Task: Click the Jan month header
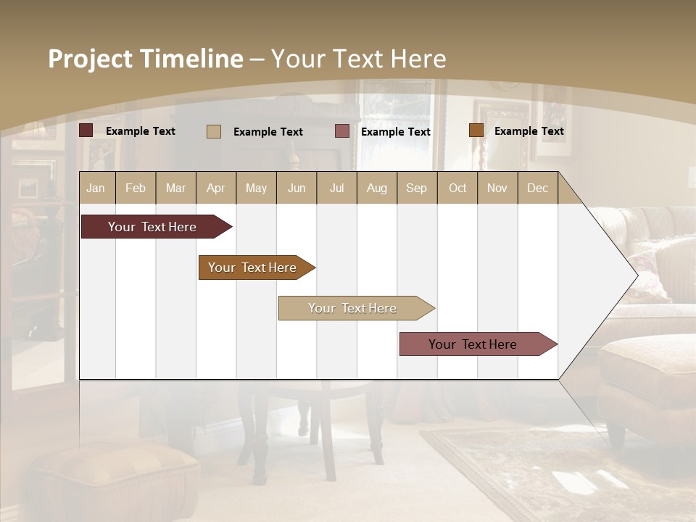tap(96, 188)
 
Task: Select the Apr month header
tap(215, 188)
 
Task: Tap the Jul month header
tap(336, 188)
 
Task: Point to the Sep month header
tap(416, 188)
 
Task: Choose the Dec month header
tap(537, 188)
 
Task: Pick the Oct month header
tap(457, 188)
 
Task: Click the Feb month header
tap(136, 188)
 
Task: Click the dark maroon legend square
tap(86, 130)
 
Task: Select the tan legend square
tap(213, 131)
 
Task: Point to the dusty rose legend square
tap(342, 131)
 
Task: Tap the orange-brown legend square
tap(476, 130)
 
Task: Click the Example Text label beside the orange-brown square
tap(529, 130)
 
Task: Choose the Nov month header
tap(497, 188)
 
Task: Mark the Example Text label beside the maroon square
tap(141, 130)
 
